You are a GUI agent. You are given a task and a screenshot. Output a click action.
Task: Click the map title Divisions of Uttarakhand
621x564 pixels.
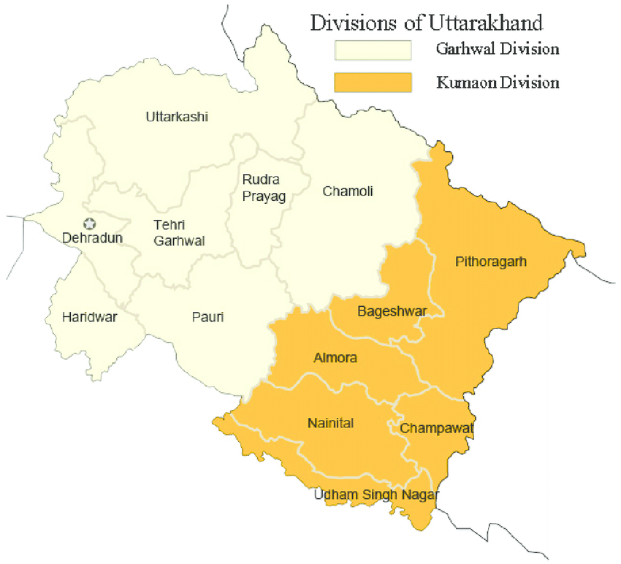pyautogui.click(x=427, y=23)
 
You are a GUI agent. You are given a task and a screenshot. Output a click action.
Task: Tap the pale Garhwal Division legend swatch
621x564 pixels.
pyautogui.click(x=373, y=50)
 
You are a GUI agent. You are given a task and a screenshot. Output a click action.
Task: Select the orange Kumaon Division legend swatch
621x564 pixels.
pyautogui.click(x=373, y=83)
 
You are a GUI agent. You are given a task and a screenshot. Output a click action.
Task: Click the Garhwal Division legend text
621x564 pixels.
pyautogui.click(x=497, y=50)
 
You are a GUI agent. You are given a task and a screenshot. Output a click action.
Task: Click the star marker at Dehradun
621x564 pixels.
pyautogui.click(x=90, y=224)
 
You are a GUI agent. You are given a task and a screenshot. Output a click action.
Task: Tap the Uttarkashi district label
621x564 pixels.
pyautogui.click(x=177, y=117)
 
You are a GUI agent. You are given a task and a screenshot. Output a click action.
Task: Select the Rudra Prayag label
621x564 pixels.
pyautogui.click(x=262, y=187)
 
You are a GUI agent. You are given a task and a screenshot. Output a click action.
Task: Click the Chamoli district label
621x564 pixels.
pyautogui.click(x=348, y=191)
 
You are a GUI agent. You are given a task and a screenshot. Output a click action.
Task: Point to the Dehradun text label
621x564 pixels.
pyautogui.click(x=92, y=238)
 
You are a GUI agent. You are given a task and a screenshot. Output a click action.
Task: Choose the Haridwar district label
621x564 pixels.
pyautogui.click(x=90, y=317)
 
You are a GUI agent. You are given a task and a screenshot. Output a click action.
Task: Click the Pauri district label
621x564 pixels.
pyautogui.click(x=208, y=317)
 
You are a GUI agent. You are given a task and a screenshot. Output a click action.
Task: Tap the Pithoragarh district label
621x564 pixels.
pyautogui.click(x=490, y=261)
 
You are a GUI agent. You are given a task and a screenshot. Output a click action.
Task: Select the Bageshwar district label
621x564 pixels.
pyautogui.click(x=392, y=312)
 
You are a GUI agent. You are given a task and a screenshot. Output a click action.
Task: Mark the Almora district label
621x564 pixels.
pyautogui.click(x=335, y=359)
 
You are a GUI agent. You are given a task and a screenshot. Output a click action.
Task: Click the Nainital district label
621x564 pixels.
pyautogui.click(x=330, y=423)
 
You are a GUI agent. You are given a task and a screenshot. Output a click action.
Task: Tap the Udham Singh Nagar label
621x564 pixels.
pyautogui.click(x=376, y=495)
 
